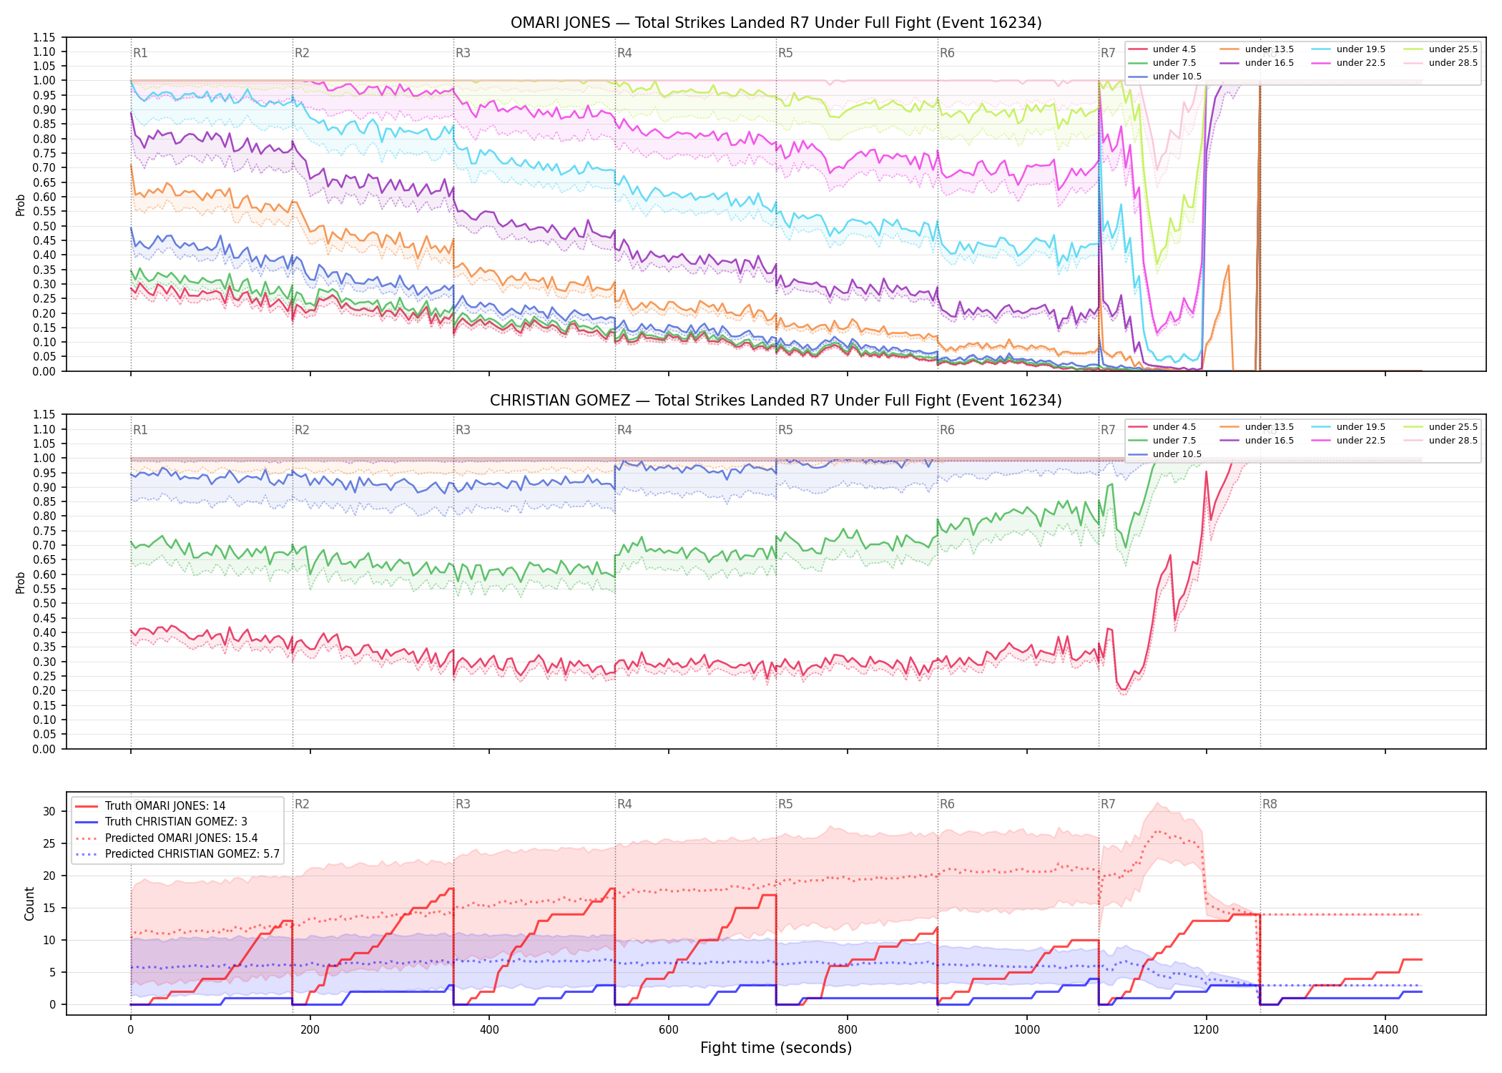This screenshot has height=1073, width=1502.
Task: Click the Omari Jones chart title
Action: pyautogui.click(x=776, y=23)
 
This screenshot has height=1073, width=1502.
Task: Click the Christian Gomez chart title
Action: pyautogui.click(x=776, y=401)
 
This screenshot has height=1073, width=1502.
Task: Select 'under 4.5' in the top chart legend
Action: pyautogui.click(x=1174, y=49)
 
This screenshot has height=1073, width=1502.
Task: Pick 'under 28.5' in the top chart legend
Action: pyautogui.click(x=1453, y=63)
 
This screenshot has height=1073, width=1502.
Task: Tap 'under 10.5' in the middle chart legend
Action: pyautogui.click(x=1177, y=454)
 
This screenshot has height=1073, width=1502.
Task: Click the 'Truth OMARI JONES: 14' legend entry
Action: pyautogui.click(x=165, y=806)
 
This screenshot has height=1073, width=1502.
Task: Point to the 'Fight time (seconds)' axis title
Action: pyautogui.click(x=776, y=1048)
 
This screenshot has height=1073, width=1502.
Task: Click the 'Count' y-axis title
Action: pyautogui.click(x=29, y=903)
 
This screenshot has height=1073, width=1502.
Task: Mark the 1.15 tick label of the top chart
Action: pyautogui.click(x=44, y=37)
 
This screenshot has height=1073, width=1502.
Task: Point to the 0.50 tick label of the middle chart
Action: pyautogui.click(x=44, y=603)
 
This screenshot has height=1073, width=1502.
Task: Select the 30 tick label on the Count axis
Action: pyautogui.click(x=49, y=811)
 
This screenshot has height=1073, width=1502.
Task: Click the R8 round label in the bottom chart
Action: pyautogui.click(x=1270, y=804)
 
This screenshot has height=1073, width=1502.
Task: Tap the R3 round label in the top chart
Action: pyautogui.click(x=463, y=53)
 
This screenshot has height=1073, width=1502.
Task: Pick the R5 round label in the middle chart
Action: pyautogui.click(x=785, y=430)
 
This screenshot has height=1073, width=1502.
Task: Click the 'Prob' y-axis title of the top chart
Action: pyautogui.click(x=21, y=205)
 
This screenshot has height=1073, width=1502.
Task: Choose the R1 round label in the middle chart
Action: pyautogui.click(x=140, y=430)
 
